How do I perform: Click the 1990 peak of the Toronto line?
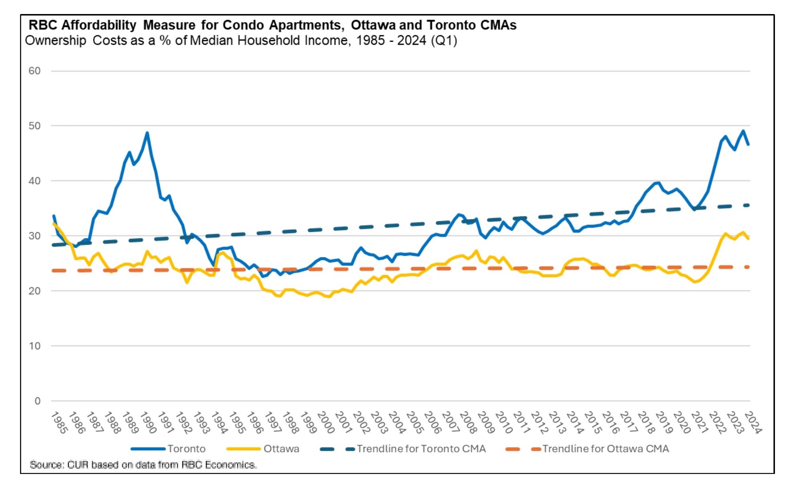(x=147, y=133)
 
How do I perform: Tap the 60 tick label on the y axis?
(x=34, y=71)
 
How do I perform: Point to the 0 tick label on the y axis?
(x=37, y=401)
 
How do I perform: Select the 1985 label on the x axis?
(x=59, y=422)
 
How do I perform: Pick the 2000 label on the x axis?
(x=325, y=422)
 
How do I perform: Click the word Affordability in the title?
(x=99, y=25)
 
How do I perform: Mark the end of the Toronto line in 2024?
(x=748, y=144)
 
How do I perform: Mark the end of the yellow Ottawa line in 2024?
(x=748, y=238)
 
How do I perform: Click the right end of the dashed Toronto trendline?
(x=748, y=205)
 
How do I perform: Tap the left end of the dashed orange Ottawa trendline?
(x=54, y=271)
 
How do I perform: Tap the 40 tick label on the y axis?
(x=34, y=181)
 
